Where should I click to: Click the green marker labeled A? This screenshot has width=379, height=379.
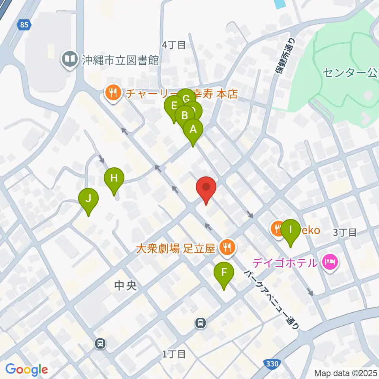tap(193, 129)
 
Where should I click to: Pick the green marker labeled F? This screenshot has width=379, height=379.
tap(224, 273)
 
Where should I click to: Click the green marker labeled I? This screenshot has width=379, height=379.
tap(291, 230)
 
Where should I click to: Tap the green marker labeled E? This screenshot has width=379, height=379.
tap(173, 107)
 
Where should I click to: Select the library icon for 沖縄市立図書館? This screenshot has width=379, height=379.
tap(69, 60)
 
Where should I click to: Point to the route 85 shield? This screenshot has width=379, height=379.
tap(24, 25)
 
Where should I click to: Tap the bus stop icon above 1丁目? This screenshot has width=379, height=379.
tap(201, 323)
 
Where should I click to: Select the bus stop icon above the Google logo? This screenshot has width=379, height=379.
tap(101, 343)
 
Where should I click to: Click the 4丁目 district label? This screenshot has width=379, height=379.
tap(174, 45)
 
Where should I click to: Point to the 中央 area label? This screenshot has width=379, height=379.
tap(125, 285)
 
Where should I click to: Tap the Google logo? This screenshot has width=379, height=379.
tap(26, 370)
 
